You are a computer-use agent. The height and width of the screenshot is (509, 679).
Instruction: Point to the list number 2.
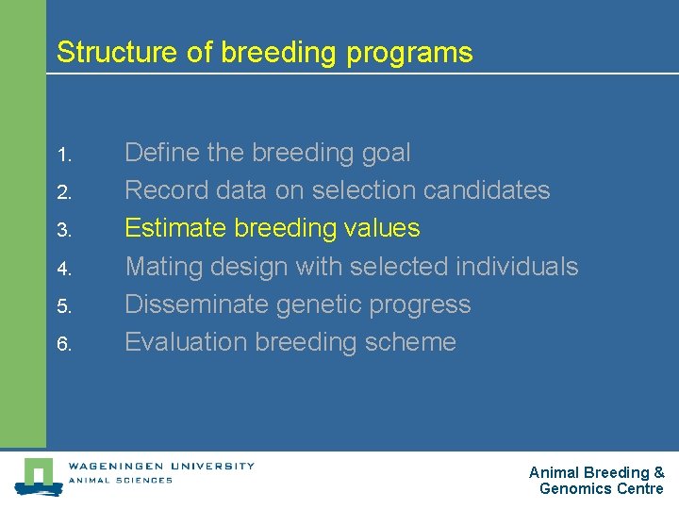[63, 192]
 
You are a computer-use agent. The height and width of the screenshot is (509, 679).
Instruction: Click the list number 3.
[63, 230]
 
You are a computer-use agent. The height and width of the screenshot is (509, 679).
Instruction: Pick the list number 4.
[63, 268]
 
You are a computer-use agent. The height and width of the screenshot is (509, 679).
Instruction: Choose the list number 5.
[63, 305]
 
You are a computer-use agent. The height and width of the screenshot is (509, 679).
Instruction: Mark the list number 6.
[63, 344]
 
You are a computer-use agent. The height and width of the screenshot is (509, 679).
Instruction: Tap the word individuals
[517, 267]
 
